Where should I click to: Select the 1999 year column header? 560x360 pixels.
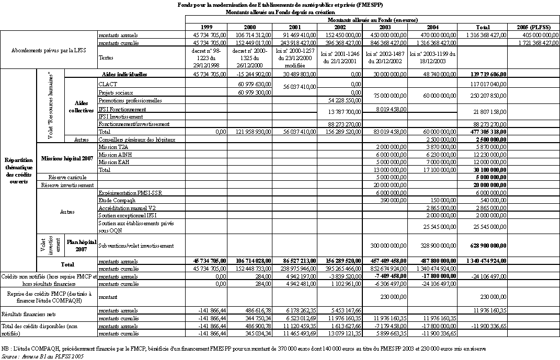point(206,27)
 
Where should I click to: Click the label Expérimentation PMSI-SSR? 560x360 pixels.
point(130,193)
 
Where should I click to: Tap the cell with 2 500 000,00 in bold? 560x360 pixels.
point(489,140)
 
